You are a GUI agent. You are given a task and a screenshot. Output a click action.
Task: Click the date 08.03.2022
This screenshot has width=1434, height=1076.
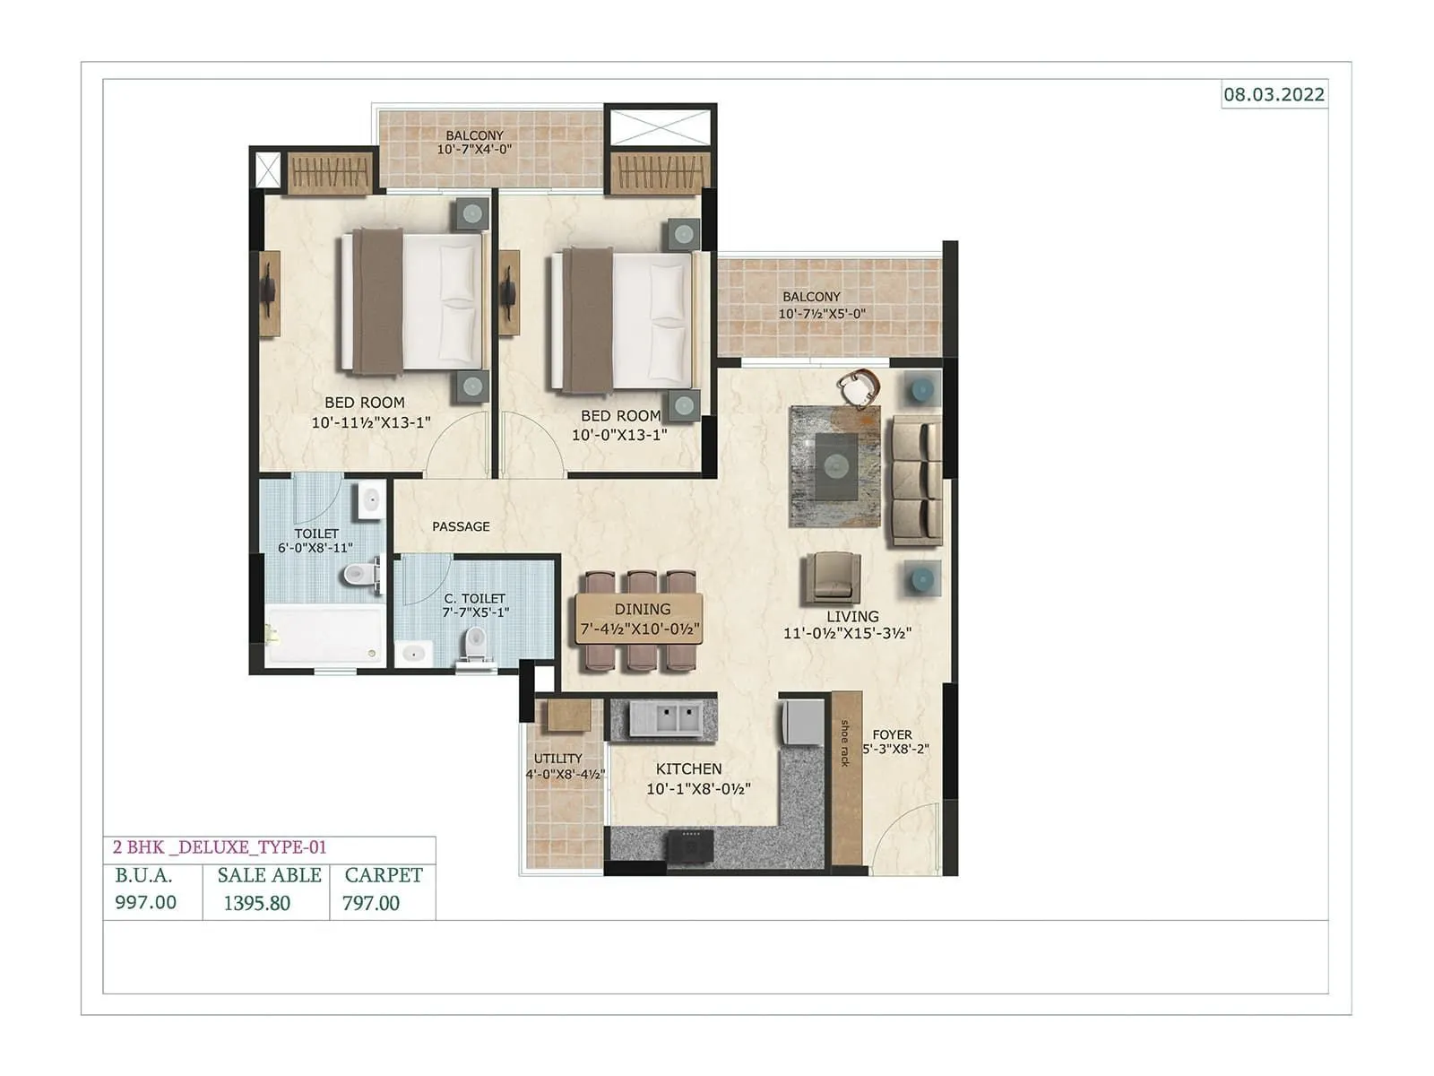(1274, 94)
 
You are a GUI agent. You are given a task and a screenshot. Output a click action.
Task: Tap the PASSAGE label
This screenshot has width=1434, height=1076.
(461, 526)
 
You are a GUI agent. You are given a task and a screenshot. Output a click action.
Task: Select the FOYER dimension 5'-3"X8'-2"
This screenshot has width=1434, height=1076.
(895, 749)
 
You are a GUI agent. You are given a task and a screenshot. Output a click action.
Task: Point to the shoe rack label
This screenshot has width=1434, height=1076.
(844, 743)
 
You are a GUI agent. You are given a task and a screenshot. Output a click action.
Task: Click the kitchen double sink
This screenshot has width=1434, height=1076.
(664, 719)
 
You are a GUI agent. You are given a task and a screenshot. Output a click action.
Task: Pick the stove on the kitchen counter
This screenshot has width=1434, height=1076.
(689, 844)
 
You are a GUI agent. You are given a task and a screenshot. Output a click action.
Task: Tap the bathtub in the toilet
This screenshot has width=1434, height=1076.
(324, 635)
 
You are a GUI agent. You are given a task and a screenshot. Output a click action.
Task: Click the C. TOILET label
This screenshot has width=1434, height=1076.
(475, 598)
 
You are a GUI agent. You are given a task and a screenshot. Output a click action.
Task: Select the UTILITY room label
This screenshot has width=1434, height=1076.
(557, 759)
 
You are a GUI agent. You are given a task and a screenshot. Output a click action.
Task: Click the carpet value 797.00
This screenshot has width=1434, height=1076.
(371, 903)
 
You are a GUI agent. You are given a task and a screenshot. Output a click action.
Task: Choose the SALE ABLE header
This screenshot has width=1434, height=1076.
(269, 875)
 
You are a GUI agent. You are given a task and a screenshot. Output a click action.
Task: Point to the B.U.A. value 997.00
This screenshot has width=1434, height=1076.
(145, 902)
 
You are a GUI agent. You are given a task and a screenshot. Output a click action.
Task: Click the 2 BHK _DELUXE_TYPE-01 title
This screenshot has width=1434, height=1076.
(220, 847)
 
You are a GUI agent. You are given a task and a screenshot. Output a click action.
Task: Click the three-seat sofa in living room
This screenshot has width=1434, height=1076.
(914, 480)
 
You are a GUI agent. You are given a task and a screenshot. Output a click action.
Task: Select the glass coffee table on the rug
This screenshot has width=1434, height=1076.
(835, 465)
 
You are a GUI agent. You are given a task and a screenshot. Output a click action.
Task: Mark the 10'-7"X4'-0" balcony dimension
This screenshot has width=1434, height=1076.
(474, 150)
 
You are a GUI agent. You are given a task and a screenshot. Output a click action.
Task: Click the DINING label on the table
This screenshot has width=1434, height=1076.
(642, 609)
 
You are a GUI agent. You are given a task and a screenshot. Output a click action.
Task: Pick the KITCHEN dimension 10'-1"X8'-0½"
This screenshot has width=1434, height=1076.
(698, 789)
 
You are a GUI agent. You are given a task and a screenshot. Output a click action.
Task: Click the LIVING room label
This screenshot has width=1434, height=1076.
(852, 616)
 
